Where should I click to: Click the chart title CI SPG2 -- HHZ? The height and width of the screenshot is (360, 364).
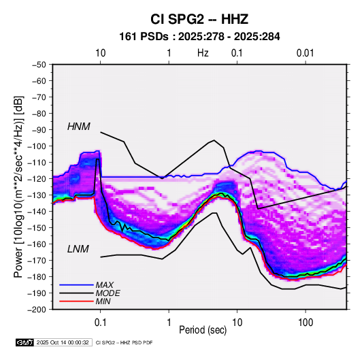pyautogui.click(x=199, y=19)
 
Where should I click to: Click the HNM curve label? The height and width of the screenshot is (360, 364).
pyautogui.click(x=79, y=127)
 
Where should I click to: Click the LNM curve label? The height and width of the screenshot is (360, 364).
pyautogui.click(x=78, y=249)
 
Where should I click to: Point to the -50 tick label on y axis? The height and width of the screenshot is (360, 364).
pyautogui.click(x=39, y=65)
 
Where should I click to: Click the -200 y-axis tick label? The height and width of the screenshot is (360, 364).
pyautogui.click(x=37, y=310)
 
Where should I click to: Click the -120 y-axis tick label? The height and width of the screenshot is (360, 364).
pyautogui.click(x=37, y=179)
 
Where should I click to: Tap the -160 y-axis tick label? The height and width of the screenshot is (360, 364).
pyautogui.click(x=37, y=244)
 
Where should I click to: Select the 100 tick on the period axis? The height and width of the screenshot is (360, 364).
pyautogui.click(x=305, y=323)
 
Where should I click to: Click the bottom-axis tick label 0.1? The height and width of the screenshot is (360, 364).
pyautogui.click(x=100, y=323)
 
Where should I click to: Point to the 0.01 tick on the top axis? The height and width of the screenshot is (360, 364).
pyautogui.click(x=305, y=53)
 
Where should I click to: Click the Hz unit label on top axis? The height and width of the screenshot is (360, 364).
pyautogui.click(x=203, y=53)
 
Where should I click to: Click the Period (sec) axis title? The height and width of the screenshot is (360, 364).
pyautogui.click(x=203, y=330)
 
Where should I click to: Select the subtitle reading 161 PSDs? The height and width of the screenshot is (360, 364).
pyautogui.click(x=144, y=37)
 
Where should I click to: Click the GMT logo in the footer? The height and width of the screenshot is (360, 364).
pyautogui.click(x=24, y=342)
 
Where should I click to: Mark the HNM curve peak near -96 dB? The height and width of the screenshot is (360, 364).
pyautogui.click(x=214, y=140)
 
